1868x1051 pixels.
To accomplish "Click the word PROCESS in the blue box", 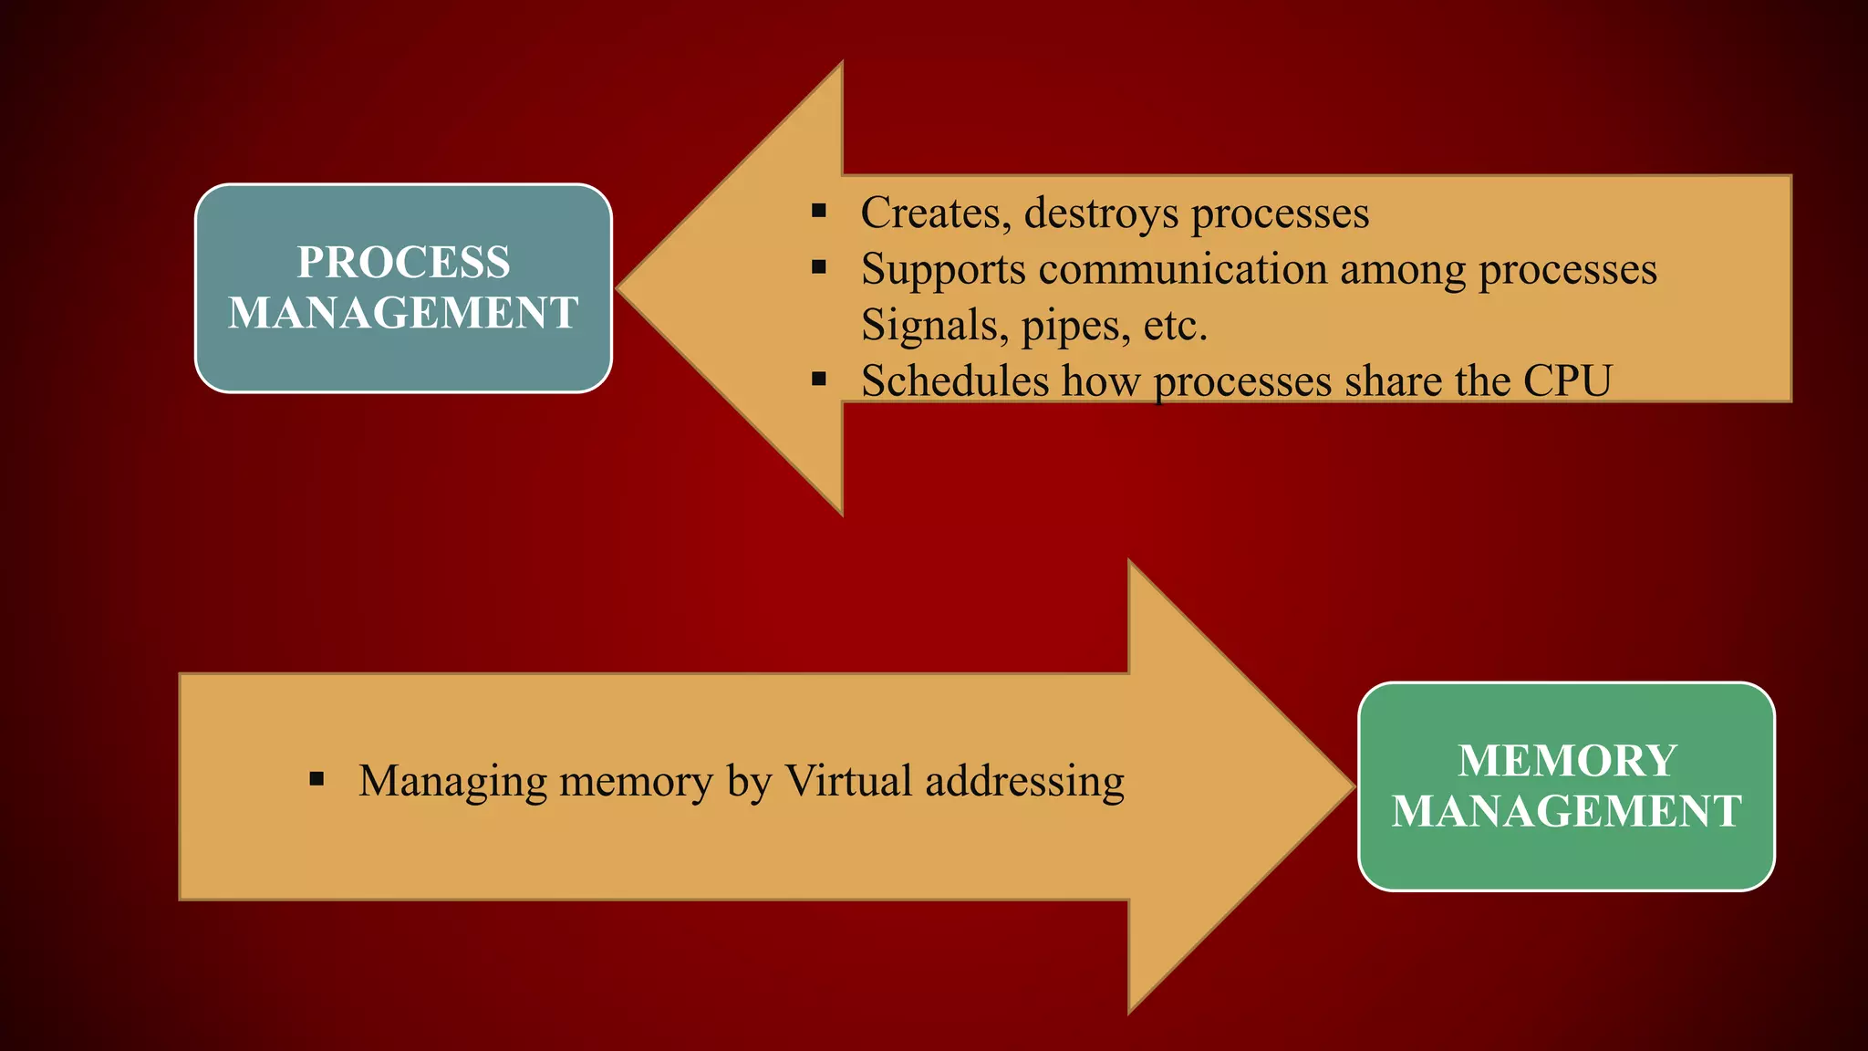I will [403, 263].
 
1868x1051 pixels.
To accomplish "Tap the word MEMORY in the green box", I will [1567, 761].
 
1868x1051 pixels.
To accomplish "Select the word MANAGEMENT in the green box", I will [1567, 811].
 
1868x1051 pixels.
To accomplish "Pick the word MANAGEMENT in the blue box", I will [403, 313].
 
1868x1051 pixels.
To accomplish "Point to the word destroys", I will [1101, 213].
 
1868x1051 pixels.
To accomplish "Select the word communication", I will [1182, 270].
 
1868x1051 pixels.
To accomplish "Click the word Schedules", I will [955, 381].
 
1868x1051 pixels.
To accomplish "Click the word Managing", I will [452, 783].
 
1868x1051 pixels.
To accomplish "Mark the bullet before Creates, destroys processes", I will [819, 212].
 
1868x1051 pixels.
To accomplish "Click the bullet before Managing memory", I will [317, 779].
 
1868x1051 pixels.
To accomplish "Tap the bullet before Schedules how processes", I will [819, 379].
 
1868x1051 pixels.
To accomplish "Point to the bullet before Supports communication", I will [819, 267].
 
